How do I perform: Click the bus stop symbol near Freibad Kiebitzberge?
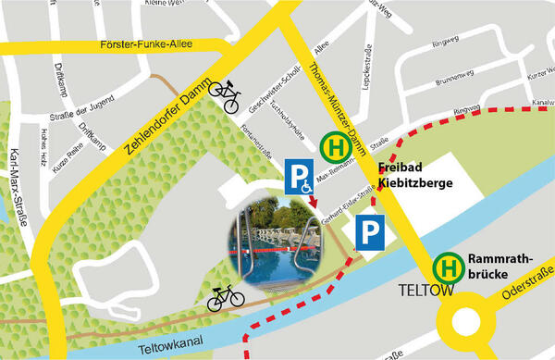[x=334, y=147]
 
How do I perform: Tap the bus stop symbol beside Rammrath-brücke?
[x=449, y=267]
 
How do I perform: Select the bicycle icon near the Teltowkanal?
[x=225, y=297]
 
